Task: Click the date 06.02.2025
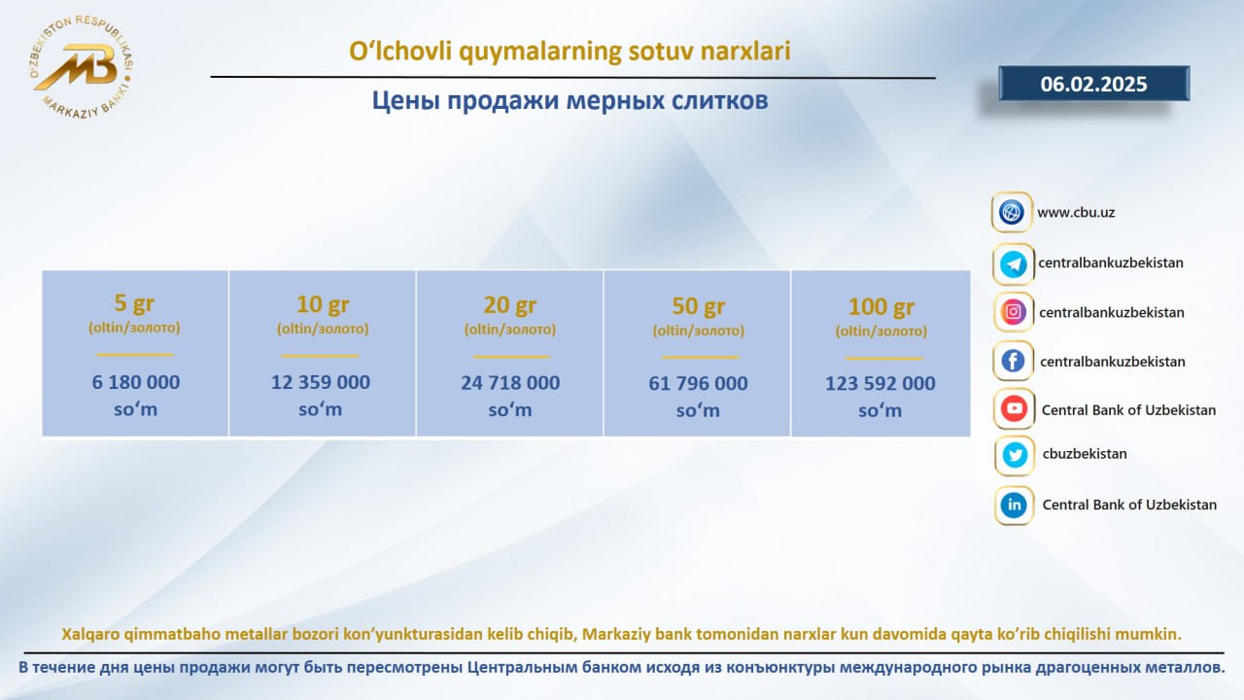1093,84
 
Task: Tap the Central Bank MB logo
81,68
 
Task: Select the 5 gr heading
134,303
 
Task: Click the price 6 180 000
135,382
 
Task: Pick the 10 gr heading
323,304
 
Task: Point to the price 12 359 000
321,382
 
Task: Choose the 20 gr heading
510,305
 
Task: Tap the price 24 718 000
510,383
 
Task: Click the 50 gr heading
699,306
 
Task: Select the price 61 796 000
698,383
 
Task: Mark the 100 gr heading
881,306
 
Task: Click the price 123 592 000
881,383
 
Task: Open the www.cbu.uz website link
1076,212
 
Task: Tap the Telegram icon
1013,263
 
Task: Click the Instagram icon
1013,312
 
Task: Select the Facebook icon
1013,361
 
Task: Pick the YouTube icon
1014,409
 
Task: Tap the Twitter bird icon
1015,456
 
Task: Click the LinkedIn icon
1014,505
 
